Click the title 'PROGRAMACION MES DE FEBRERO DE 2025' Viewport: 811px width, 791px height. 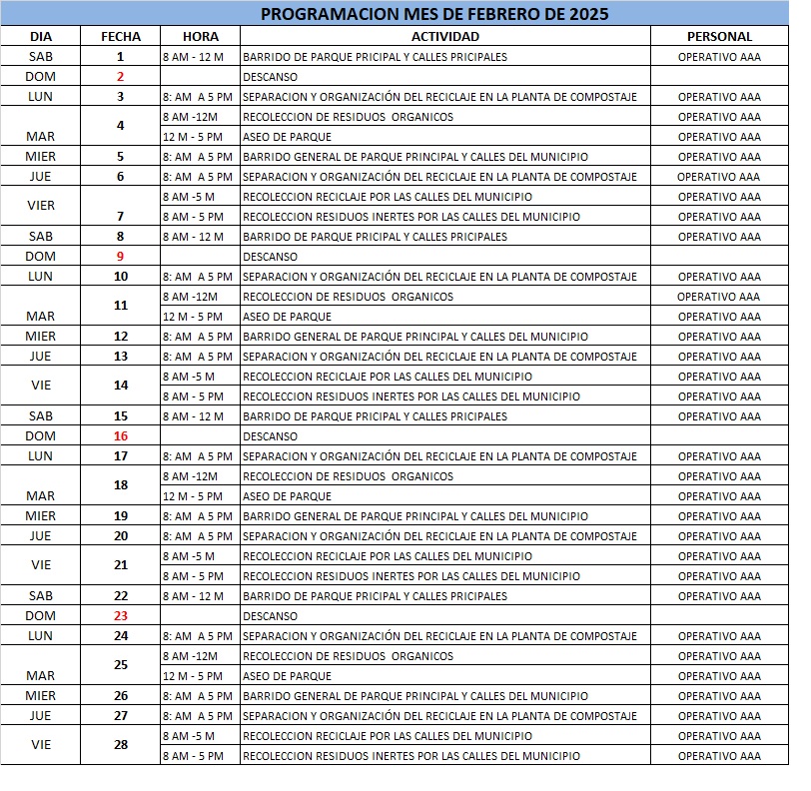pyautogui.click(x=433, y=15)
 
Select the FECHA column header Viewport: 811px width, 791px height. pyautogui.click(x=121, y=36)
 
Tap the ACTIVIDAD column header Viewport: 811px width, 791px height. pyautogui.click(x=445, y=36)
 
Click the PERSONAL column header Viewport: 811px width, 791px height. pyautogui.click(x=719, y=36)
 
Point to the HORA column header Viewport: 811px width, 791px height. pyautogui.click(x=200, y=36)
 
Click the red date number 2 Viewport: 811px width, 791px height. pyautogui.click(x=121, y=77)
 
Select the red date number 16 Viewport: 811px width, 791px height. pyautogui.click(x=121, y=436)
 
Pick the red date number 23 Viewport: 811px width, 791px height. pyautogui.click(x=121, y=616)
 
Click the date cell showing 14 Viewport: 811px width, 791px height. pyautogui.click(x=121, y=385)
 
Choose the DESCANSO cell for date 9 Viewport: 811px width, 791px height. pyautogui.click(x=270, y=257)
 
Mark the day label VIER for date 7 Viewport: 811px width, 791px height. pyautogui.click(x=41, y=206)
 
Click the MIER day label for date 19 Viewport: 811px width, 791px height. pyautogui.click(x=41, y=516)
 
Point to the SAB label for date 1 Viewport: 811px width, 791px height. pyautogui.click(x=41, y=57)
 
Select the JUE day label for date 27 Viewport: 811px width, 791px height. pyautogui.click(x=41, y=716)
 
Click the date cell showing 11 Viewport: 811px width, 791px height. pyautogui.click(x=121, y=305)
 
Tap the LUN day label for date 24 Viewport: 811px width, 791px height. pyautogui.click(x=41, y=636)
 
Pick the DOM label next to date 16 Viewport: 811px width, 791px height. pyautogui.click(x=41, y=436)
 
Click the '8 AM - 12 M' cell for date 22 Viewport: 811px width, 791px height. pyautogui.click(x=193, y=596)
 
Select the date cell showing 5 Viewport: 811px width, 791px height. pyautogui.click(x=121, y=157)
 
